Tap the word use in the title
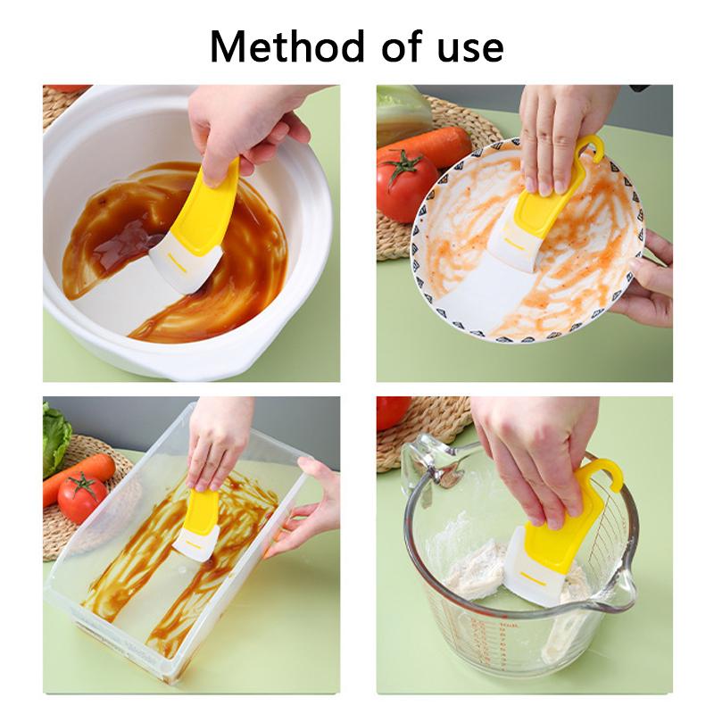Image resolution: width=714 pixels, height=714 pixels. pos(468,47)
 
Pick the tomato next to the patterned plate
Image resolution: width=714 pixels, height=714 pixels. pos(406,186)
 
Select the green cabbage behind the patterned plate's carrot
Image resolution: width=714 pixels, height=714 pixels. pos(403,112)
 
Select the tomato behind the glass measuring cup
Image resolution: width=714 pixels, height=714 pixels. pos(393,411)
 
